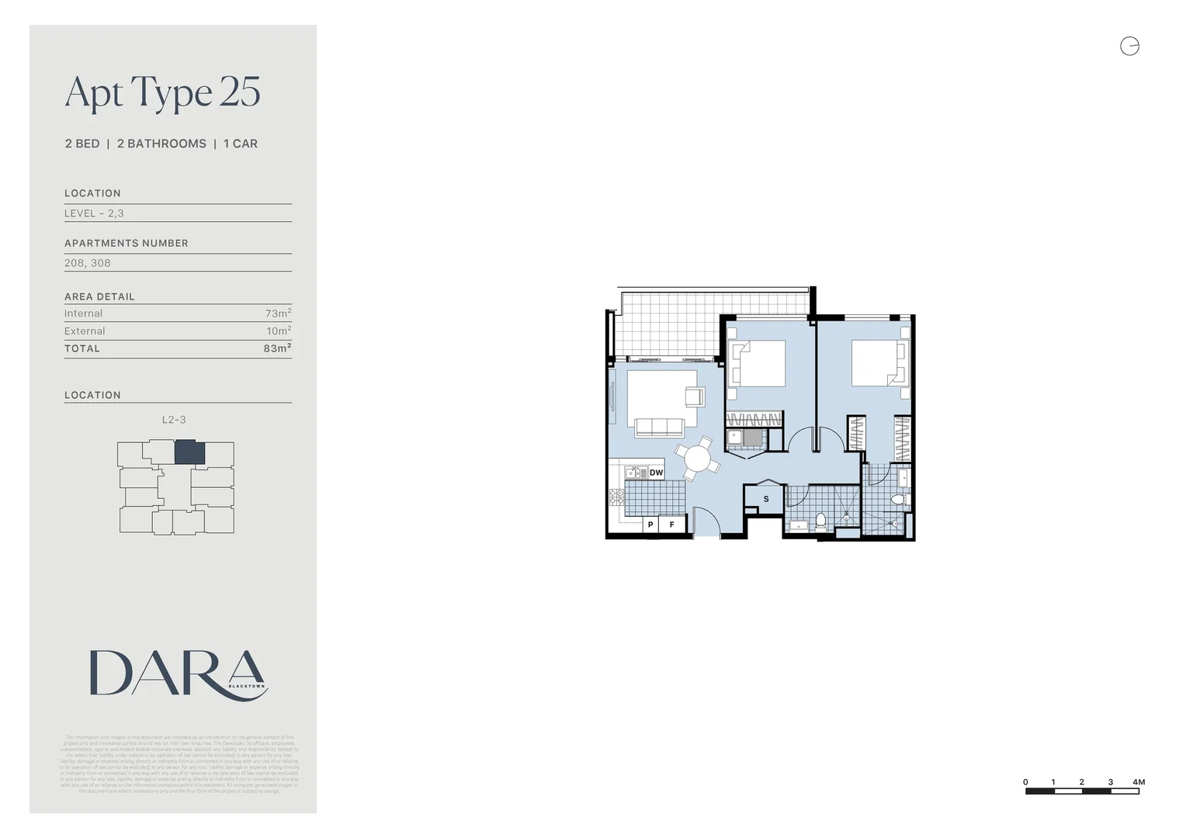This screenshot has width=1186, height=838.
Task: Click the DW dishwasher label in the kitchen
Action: [x=656, y=473]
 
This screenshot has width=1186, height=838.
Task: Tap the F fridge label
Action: [x=672, y=525]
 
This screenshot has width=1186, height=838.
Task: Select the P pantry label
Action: [x=650, y=525]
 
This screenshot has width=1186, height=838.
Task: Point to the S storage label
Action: [x=766, y=499]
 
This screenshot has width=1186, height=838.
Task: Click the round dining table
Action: [x=697, y=459]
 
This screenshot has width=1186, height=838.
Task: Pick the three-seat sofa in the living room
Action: [x=659, y=427]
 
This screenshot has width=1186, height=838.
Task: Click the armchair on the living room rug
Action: [x=694, y=396]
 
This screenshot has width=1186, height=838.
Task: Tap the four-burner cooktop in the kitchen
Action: [x=616, y=497]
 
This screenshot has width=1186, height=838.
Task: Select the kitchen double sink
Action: [x=636, y=473]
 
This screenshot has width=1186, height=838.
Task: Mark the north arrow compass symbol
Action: [x=1129, y=47]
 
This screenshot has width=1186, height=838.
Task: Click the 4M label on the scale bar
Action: [x=1139, y=782]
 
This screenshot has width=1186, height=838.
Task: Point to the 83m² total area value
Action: [x=277, y=348]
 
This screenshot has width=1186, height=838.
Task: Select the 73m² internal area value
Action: [x=278, y=313]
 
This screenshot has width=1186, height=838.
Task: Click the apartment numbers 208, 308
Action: [x=88, y=263]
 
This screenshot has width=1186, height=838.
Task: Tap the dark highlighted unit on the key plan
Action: [x=189, y=452]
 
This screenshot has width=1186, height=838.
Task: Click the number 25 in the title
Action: [x=240, y=92]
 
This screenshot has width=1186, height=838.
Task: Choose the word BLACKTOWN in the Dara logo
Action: [x=247, y=686]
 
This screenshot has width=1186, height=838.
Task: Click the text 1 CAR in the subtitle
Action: [x=241, y=144]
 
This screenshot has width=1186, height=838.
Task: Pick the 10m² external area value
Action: [x=279, y=331]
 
